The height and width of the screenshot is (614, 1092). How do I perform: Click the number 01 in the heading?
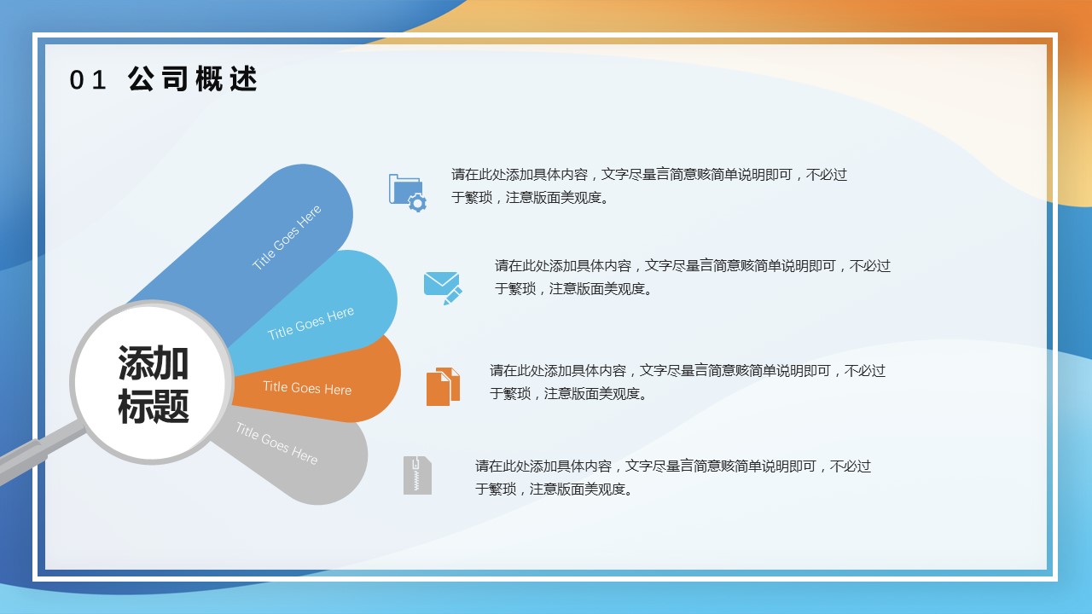[88, 80]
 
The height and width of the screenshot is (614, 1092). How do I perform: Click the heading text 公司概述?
[193, 79]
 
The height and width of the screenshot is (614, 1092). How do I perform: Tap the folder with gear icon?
[408, 193]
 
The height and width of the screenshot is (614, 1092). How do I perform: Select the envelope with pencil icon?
[443, 288]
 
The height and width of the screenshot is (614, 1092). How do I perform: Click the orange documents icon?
[443, 386]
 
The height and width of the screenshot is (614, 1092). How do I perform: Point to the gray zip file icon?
[417, 475]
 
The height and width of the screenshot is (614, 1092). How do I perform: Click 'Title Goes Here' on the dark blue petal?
[287, 237]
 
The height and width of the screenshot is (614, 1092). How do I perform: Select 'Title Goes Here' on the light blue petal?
[311, 323]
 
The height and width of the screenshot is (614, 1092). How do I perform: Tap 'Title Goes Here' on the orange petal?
[307, 388]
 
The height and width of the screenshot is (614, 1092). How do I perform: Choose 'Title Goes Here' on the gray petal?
[276, 444]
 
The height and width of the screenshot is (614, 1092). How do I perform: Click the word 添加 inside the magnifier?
[153, 363]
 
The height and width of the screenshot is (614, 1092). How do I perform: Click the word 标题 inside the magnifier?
[153, 406]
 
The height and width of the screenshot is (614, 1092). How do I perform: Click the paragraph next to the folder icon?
[649, 186]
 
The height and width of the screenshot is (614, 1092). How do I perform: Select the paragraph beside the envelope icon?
[692, 277]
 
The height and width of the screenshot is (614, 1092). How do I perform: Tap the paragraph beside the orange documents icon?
[688, 381]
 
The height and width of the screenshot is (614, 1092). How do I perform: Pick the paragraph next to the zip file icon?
[673, 477]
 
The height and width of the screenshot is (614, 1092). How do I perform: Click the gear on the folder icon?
[417, 203]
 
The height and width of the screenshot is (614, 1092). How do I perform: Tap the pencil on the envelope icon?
[453, 296]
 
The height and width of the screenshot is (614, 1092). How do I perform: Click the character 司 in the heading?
[174, 79]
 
